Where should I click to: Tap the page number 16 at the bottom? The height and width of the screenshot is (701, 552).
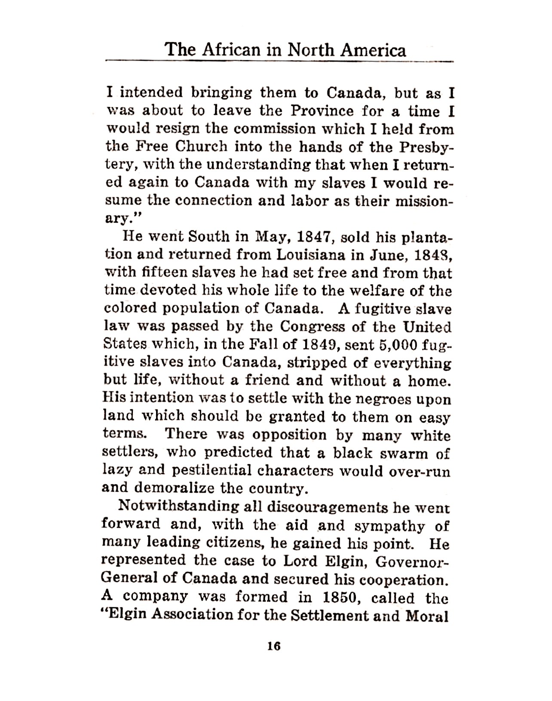pos(273,646)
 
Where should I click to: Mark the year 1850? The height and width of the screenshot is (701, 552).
pos(340,597)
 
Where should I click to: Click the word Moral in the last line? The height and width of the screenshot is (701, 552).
pos(427,616)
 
